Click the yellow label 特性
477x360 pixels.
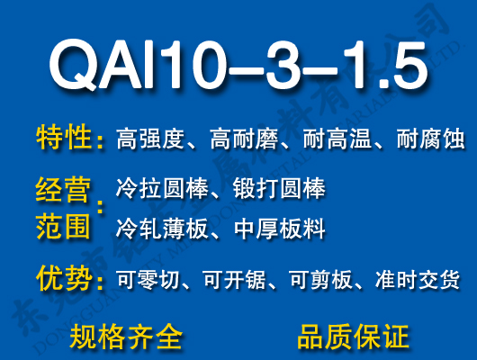[x=65, y=139]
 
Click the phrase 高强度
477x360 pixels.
[x=150, y=139]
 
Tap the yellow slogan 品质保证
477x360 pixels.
[x=353, y=337]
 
